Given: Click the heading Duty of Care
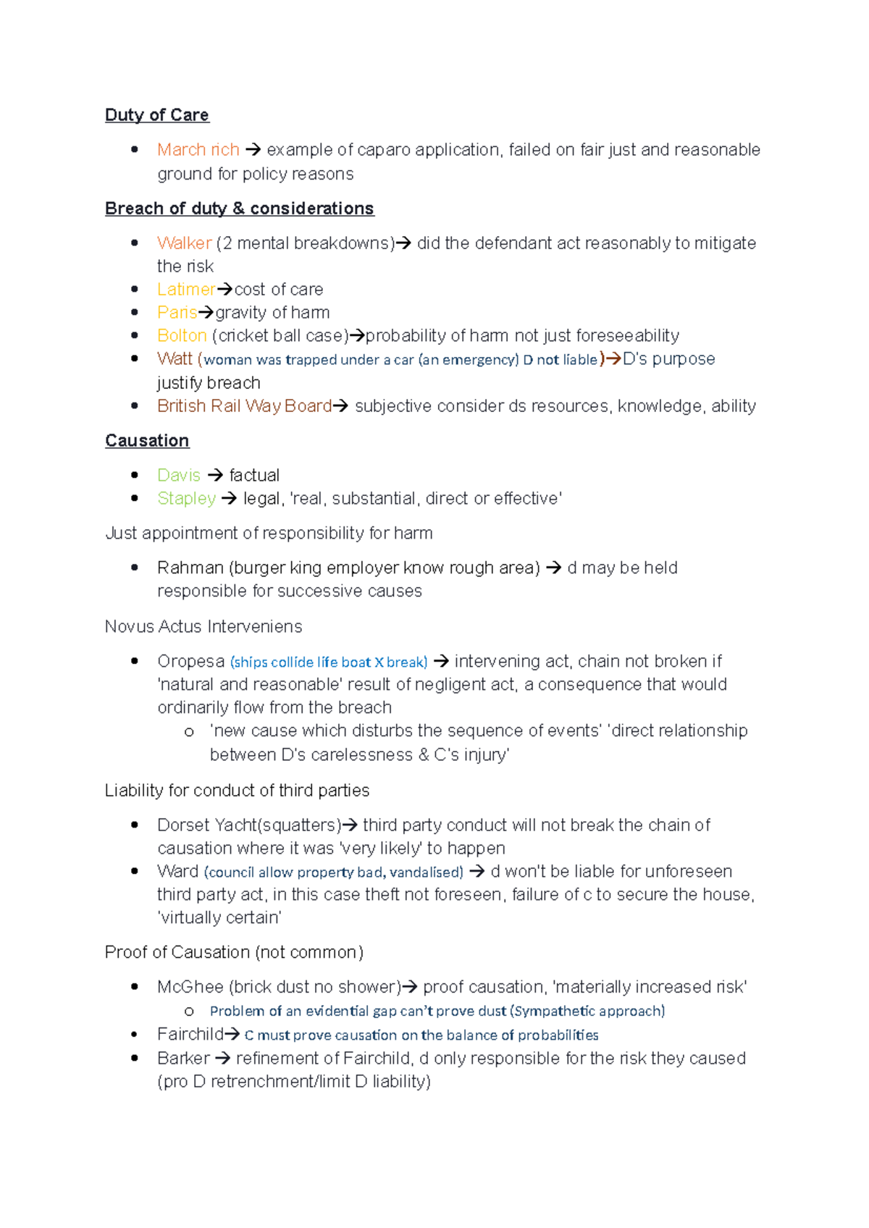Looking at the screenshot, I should pos(156,115).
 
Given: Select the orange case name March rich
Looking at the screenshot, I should pos(198,150).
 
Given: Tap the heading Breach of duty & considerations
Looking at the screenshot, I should pos(239,209).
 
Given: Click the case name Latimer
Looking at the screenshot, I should pos(185,290).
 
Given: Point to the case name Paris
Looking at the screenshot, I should pos(177,313).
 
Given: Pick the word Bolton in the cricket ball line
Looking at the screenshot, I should pos(182,336).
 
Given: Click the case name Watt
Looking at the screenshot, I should pos(175,359).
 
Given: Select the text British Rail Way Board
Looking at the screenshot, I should pos(244,406).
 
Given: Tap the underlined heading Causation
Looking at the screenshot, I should pos(147,441).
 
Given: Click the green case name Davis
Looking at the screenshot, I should pos(178,476).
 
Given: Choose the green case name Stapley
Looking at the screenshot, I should pos(186,499).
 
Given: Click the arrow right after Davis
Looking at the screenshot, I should pos(215,476).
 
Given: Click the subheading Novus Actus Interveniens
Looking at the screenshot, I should pos(203,626).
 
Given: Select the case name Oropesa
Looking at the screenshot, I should pos(190,662).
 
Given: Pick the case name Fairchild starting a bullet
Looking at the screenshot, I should pos(190,1035).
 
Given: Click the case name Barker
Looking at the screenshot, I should pos(183,1059).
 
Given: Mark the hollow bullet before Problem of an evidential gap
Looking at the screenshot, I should pos(189,1012).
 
